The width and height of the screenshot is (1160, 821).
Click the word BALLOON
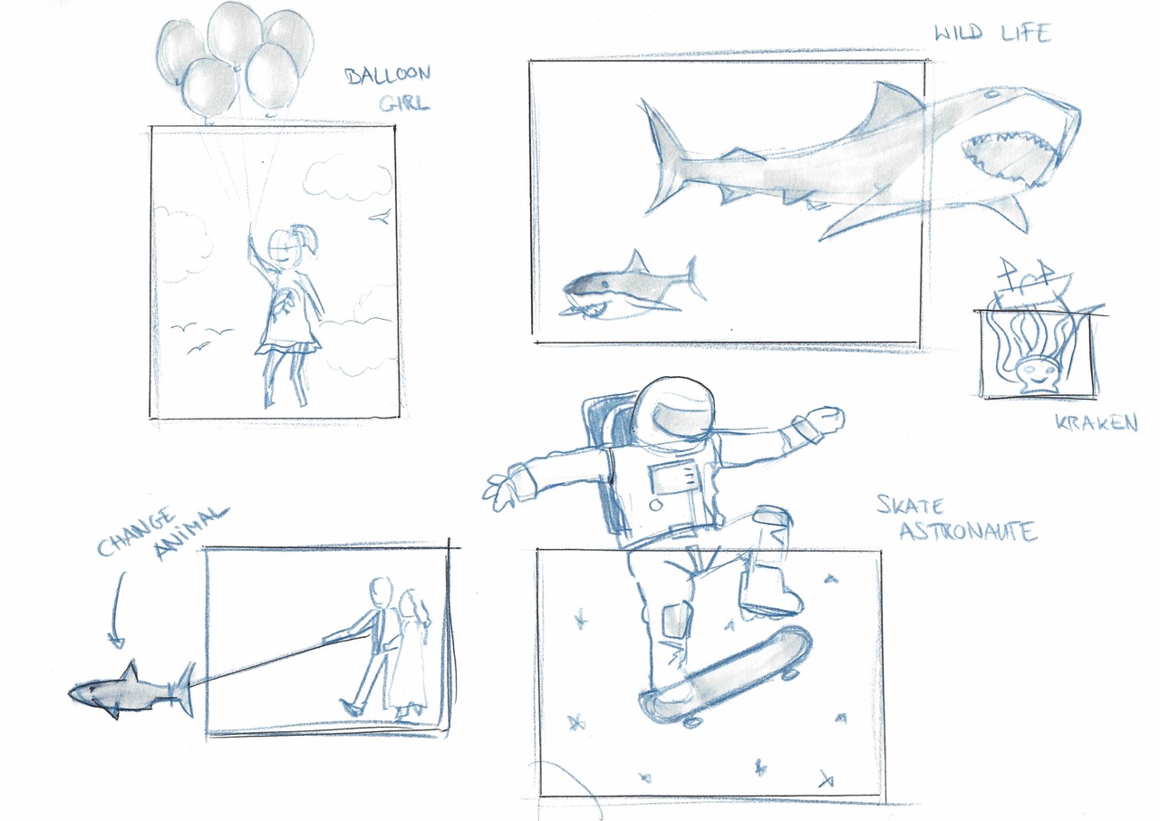(387, 75)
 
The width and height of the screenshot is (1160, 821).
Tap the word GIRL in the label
(404, 103)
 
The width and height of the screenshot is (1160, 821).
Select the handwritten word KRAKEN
(1097, 422)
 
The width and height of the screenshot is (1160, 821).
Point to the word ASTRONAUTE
(969, 531)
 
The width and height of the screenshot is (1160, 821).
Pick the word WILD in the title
(958, 34)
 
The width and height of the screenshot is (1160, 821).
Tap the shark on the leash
(132, 691)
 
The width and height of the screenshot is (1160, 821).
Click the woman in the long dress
(411, 655)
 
